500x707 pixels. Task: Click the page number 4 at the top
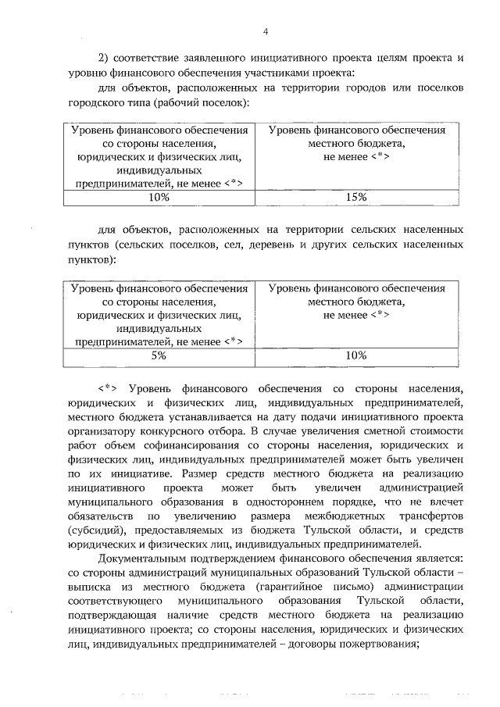pyautogui.click(x=266, y=31)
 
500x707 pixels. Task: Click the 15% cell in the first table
pyautogui.click(x=355, y=197)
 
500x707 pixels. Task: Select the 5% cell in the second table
pyautogui.click(x=159, y=355)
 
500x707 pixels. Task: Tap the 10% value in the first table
pyautogui.click(x=159, y=197)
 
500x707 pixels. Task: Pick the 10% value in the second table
pyautogui.click(x=355, y=355)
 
